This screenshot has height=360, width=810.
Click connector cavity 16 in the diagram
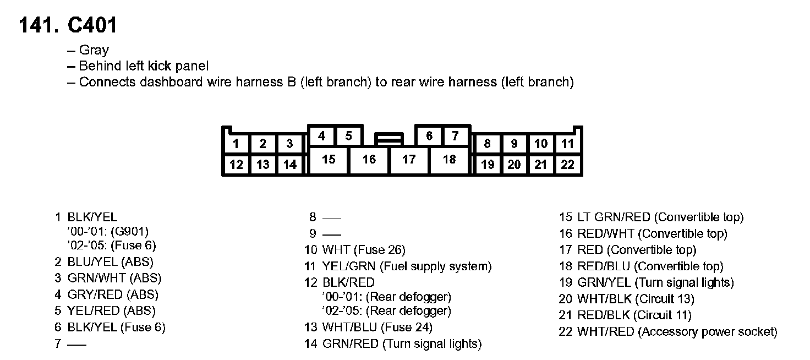369,160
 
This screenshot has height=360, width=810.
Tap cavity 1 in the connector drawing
236,144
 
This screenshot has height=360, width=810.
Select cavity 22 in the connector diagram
567,165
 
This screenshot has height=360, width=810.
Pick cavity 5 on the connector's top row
348,136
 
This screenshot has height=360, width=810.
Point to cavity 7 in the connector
455,136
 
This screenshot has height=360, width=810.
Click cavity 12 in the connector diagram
236,165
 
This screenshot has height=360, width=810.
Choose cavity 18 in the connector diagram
449,160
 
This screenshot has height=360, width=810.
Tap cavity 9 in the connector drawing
514,144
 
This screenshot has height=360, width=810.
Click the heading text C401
92,26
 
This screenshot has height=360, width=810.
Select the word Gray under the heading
94,50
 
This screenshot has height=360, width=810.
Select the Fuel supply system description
435,266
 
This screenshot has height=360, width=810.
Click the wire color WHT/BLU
349,328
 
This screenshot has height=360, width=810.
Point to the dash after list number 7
77,345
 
